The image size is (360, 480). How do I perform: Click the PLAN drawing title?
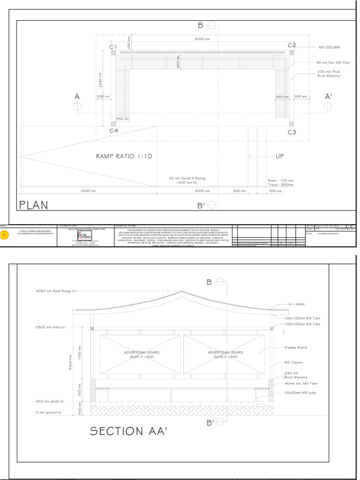tap(34, 205)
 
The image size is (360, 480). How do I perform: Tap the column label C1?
tap(113, 47)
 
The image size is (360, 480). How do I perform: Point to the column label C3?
tap(292, 133)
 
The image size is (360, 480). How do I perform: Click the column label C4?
tap(113, 131)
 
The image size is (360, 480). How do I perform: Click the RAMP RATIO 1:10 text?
tap(124, 157)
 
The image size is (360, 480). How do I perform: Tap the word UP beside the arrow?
tap(279, 157)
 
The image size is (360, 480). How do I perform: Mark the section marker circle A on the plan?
tap(77, 106)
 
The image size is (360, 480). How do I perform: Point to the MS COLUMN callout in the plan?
tap(329, 47)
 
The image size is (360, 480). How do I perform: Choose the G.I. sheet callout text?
tap(294, 304)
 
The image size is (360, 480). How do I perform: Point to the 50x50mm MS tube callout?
tap(302, 393)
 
